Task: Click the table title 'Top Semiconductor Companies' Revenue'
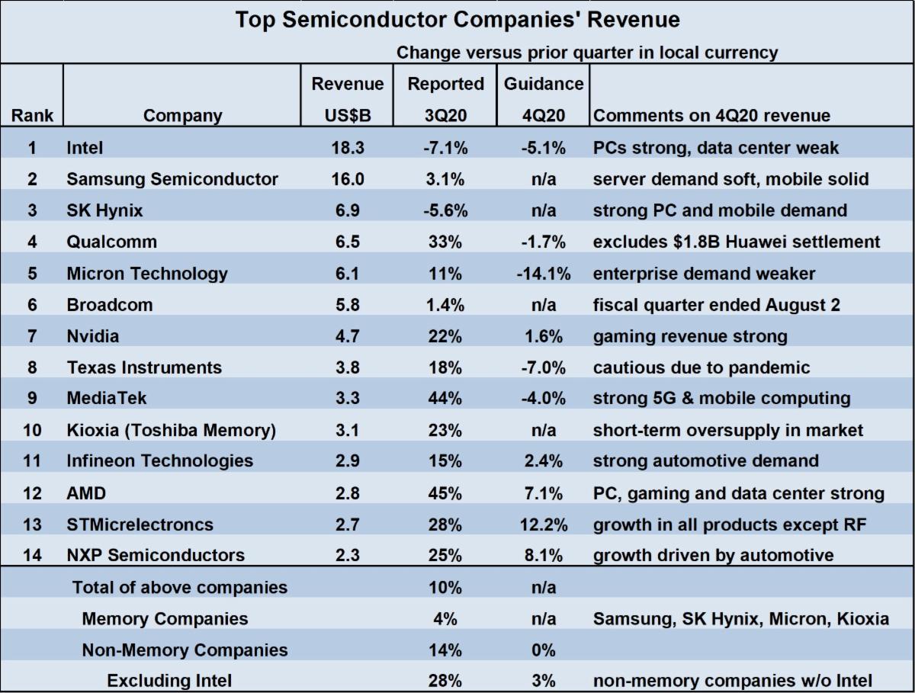point(457,20)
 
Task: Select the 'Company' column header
point(183,116)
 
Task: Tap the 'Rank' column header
point(31,116)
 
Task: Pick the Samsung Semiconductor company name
point(172,178)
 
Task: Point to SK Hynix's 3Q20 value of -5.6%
point(445,210)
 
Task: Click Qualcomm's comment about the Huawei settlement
point(737,242)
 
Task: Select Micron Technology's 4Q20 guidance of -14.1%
point(543,273)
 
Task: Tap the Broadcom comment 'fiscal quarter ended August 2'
point(717,305)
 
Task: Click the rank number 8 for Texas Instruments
point(31,367)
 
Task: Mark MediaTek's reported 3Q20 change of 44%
point(445,398)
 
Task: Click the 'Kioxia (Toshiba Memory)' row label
point(171,430)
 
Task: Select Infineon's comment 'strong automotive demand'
point(706,460)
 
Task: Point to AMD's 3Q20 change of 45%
point(445,493)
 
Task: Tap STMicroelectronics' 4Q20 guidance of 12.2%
point(543,525)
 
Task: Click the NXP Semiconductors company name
point(156,555)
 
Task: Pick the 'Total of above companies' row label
point(180,587)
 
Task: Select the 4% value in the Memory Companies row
point(445,618)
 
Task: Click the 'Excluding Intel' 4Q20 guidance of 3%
point(543,680)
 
